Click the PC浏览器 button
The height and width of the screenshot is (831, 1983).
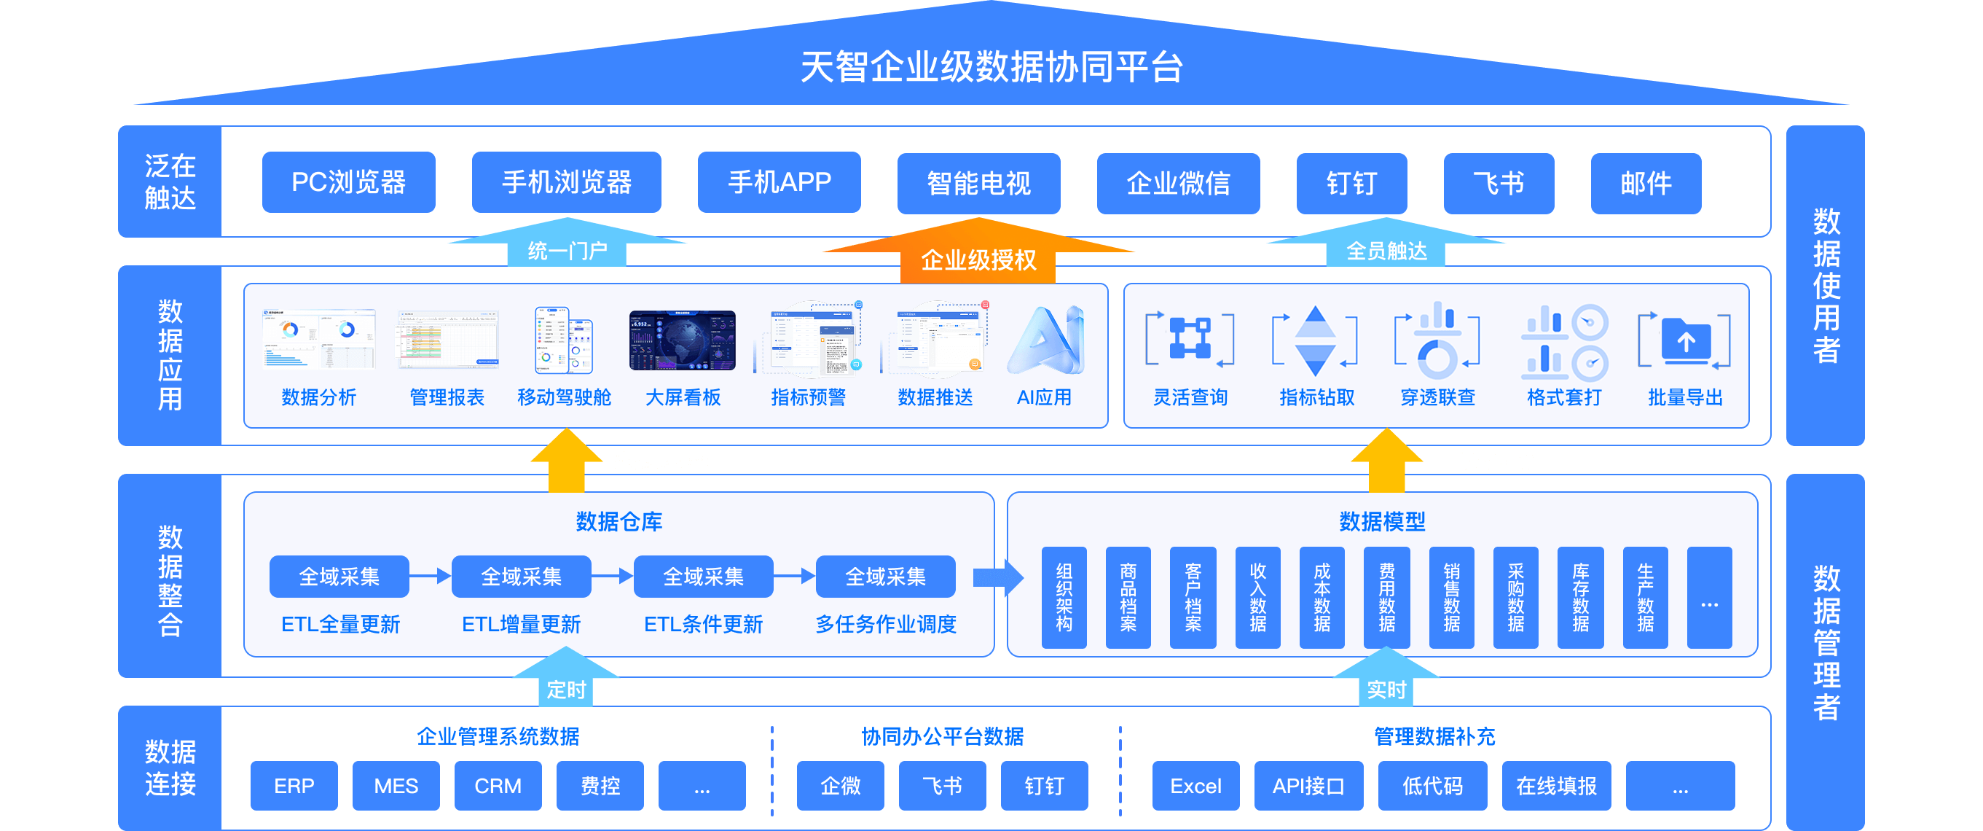click(x=348, y=182)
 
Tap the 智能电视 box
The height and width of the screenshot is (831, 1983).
click(x=978, y=183)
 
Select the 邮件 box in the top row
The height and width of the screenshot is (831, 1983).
click(x=1646, y=183)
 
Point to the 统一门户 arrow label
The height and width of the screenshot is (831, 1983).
click(x=567, y=250)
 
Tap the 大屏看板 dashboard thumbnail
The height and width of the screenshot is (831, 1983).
click(x=682, y=340)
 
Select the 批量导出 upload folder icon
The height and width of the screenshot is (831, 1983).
click(x=1684, y=341)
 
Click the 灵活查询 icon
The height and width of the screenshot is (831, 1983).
click(x=1190, y=340)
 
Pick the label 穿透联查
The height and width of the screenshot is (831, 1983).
click(x=1437, y=397)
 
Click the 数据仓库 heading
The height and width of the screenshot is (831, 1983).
click(x=619, y=521)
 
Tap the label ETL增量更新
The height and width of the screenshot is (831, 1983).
click(x=521, y=624)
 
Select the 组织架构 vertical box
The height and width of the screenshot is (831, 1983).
click(x=1064, y=598)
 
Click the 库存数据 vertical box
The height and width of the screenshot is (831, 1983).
click(x=1580, y=598)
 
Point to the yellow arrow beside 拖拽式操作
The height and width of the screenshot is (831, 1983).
click(x=567, y=461)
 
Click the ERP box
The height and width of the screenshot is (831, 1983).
click(x=294, y=786)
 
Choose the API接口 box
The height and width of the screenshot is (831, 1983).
click(x=1308, y=786)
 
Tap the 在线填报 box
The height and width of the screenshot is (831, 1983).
click(x=1556, y=786)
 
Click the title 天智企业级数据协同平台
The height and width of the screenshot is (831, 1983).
click(x=991, y=67)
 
